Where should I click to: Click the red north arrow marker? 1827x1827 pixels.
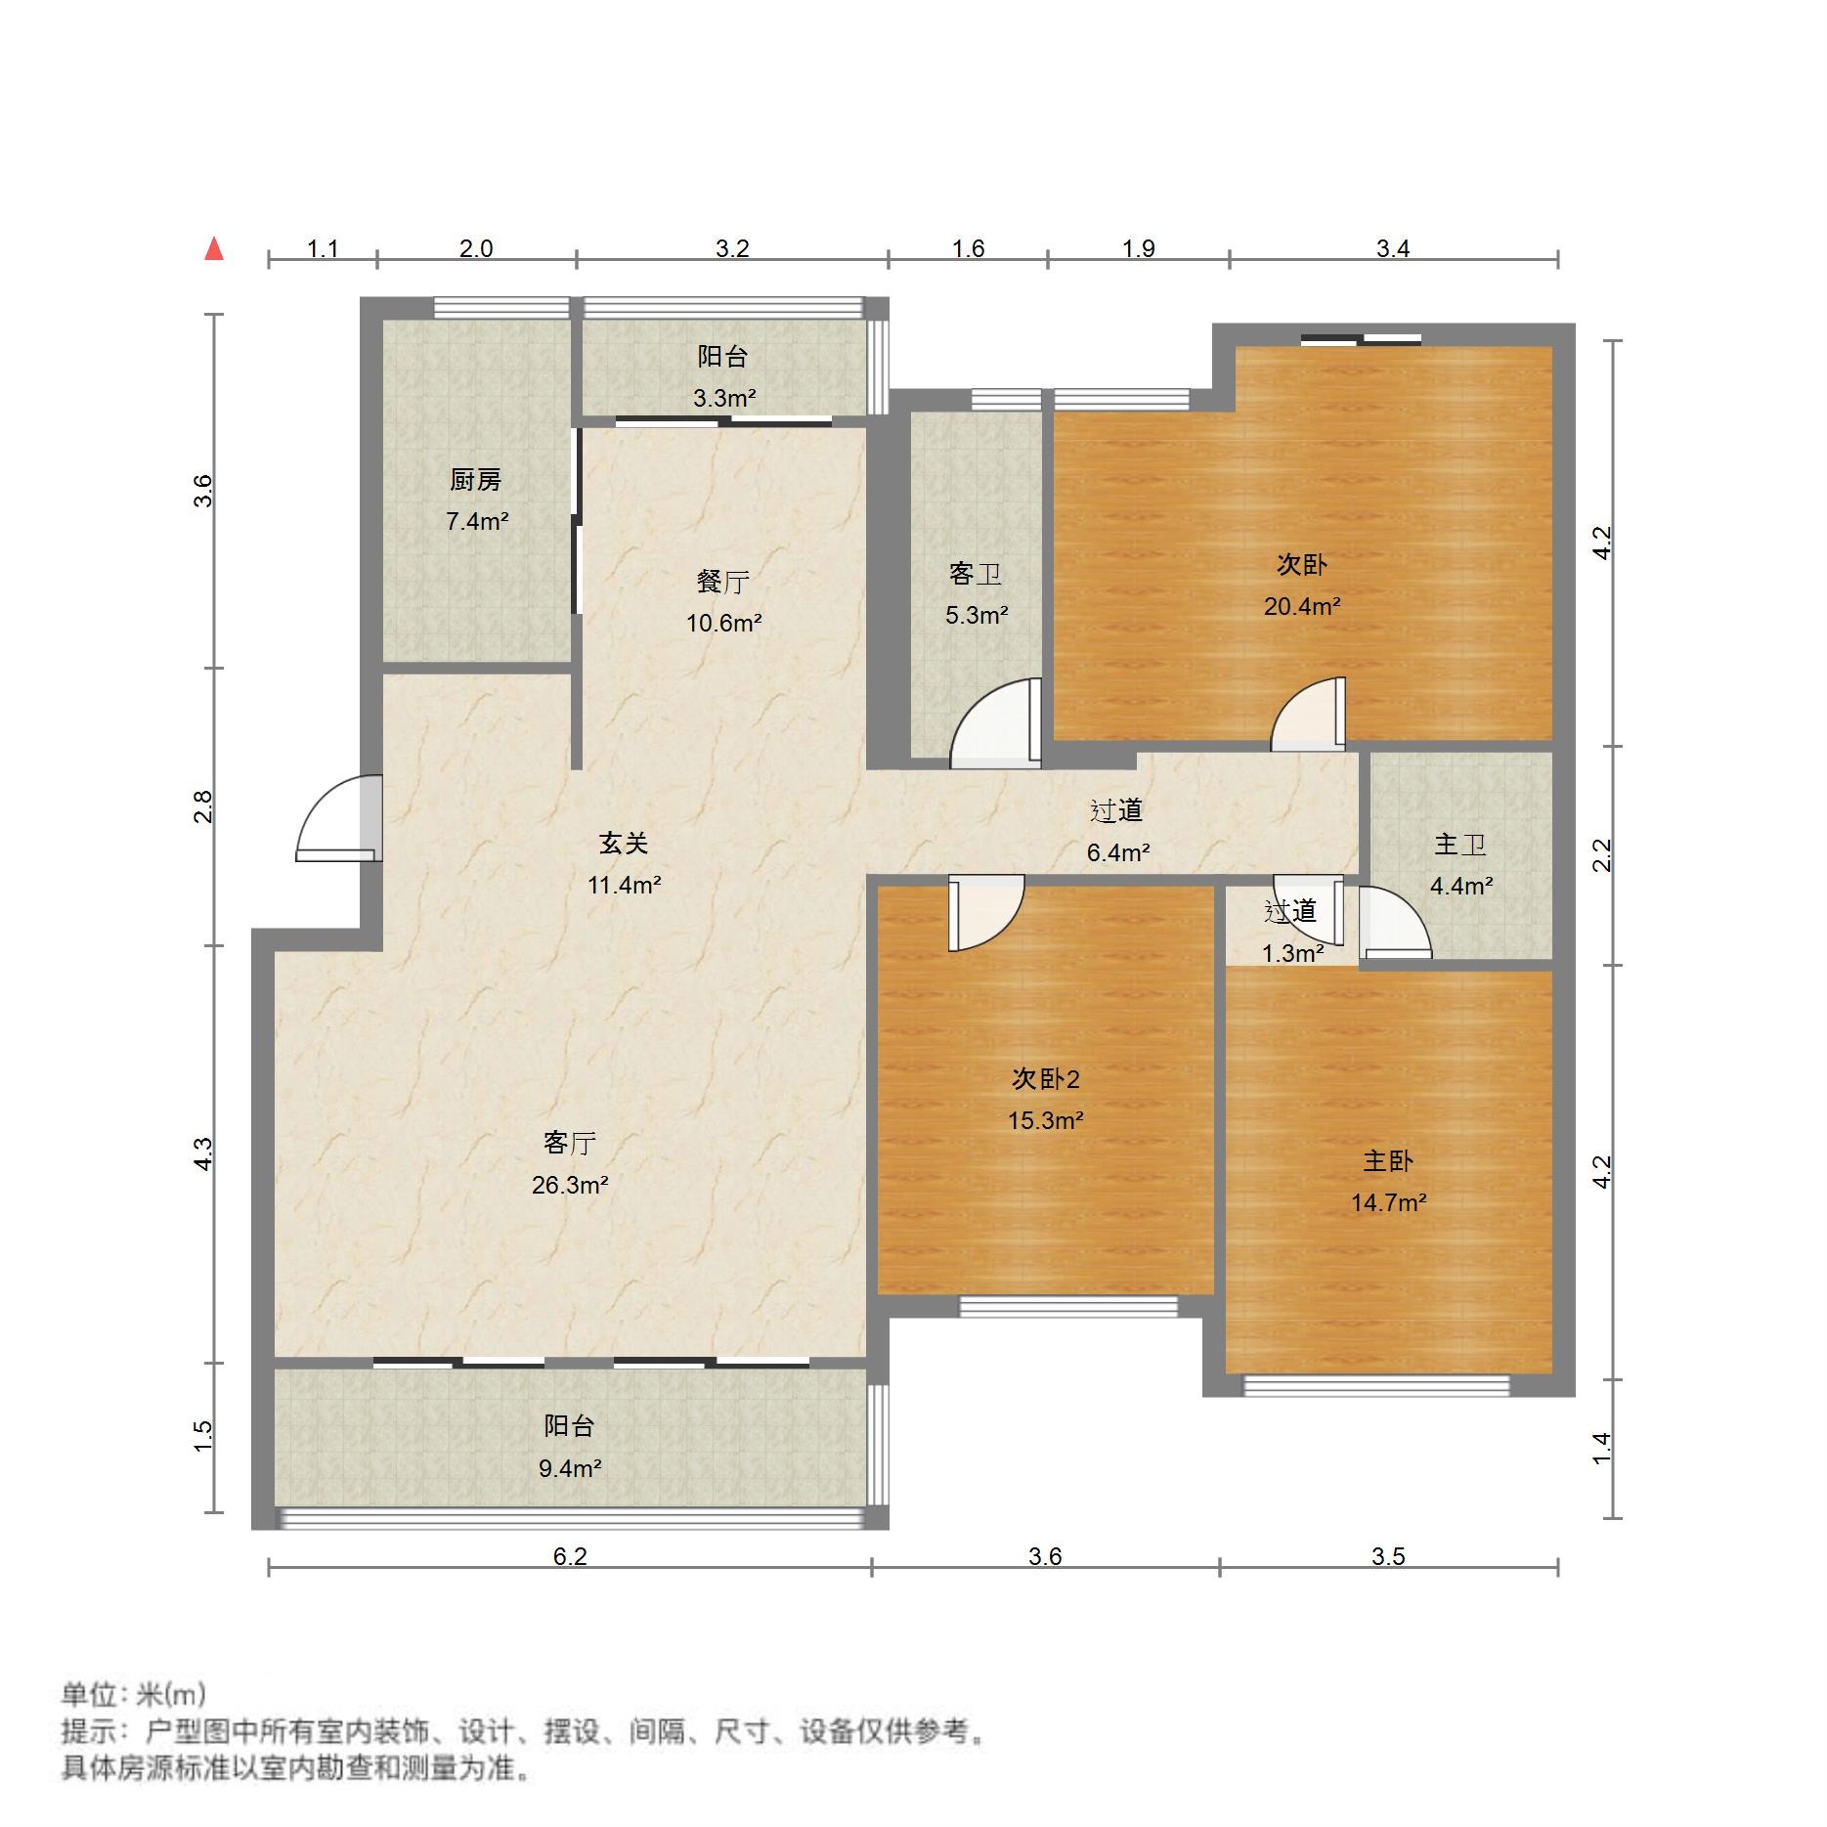tap(214, 249)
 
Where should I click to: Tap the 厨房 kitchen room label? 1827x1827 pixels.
tap(475, 480)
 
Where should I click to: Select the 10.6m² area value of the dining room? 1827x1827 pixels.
tap(723, 624)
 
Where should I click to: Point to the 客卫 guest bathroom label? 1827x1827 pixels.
tap(975, 574)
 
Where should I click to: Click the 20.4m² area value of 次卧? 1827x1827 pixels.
tap(1301, 607)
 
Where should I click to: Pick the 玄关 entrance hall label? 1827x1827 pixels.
tap(624, 843)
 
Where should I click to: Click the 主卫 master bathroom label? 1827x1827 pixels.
tap(1459, 845)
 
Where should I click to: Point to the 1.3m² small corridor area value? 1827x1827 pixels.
tap(1292, 953)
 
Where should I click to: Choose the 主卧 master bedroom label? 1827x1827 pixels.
tap(1388, 1161)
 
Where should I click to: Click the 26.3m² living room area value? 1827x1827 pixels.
tap(570, 1186)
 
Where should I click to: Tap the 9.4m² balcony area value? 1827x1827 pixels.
tap(570, 1468)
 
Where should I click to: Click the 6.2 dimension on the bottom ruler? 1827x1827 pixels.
tap(570, 1556)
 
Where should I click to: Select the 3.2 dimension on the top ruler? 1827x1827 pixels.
tap(731, 248)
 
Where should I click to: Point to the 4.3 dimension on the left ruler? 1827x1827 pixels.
tap(203, 1153)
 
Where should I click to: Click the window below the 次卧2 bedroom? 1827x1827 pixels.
tap(1068, 1307)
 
